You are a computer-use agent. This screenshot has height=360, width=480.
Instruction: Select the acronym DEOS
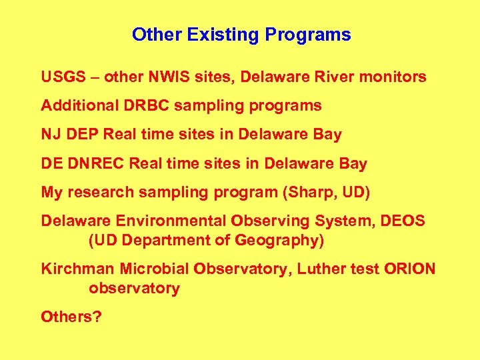coord(403,221)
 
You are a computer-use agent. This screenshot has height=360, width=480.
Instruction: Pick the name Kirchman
coord(77,269)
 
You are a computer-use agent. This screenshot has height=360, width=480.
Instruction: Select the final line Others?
coord(71,317)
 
